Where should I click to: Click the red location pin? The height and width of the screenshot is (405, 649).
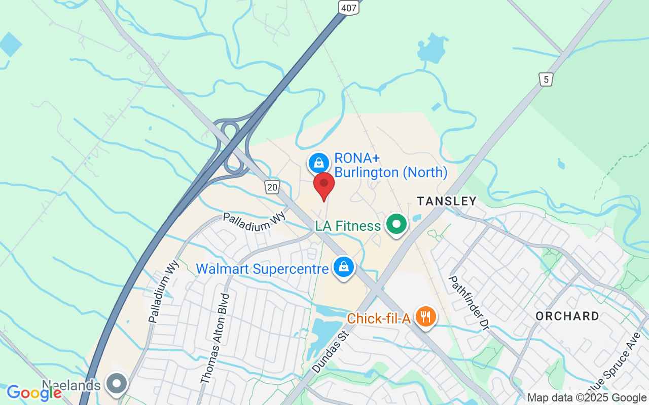click(324, 185)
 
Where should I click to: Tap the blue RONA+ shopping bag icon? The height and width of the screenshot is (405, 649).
click(318, 163)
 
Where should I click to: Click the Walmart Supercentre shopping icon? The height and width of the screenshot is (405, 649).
click(343, 266)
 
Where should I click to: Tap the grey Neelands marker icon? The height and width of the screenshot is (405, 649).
click(117, 383)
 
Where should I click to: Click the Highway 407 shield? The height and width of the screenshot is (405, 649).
click(349, 7)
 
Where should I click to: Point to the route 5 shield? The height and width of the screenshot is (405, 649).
click(546, 79)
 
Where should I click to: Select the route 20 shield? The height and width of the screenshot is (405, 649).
click(272, 187)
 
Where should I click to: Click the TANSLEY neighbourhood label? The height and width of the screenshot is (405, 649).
click(447, 201)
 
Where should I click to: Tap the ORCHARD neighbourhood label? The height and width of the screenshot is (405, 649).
click(567, 316)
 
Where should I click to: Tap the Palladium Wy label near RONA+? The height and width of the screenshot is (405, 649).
click(255, 222)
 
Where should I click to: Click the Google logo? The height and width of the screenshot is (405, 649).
click(34, 392)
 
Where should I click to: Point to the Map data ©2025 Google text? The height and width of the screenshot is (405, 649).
click(586, 398)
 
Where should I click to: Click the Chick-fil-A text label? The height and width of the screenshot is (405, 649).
click(379, 319)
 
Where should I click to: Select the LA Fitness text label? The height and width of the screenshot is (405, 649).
click(348, 226)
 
